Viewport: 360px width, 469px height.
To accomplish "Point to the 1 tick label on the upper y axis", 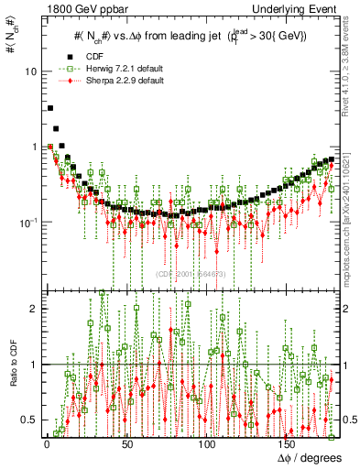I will pyautogui.click(x=32, y=147).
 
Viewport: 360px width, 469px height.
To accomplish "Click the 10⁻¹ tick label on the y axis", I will pyautogui.click(x=27, y=222).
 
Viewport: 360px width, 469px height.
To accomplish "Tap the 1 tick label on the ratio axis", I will pyautogui.click(x=32, y=365).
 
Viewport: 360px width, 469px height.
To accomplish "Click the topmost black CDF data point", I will pyautogui.click(x=49, y=108).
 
